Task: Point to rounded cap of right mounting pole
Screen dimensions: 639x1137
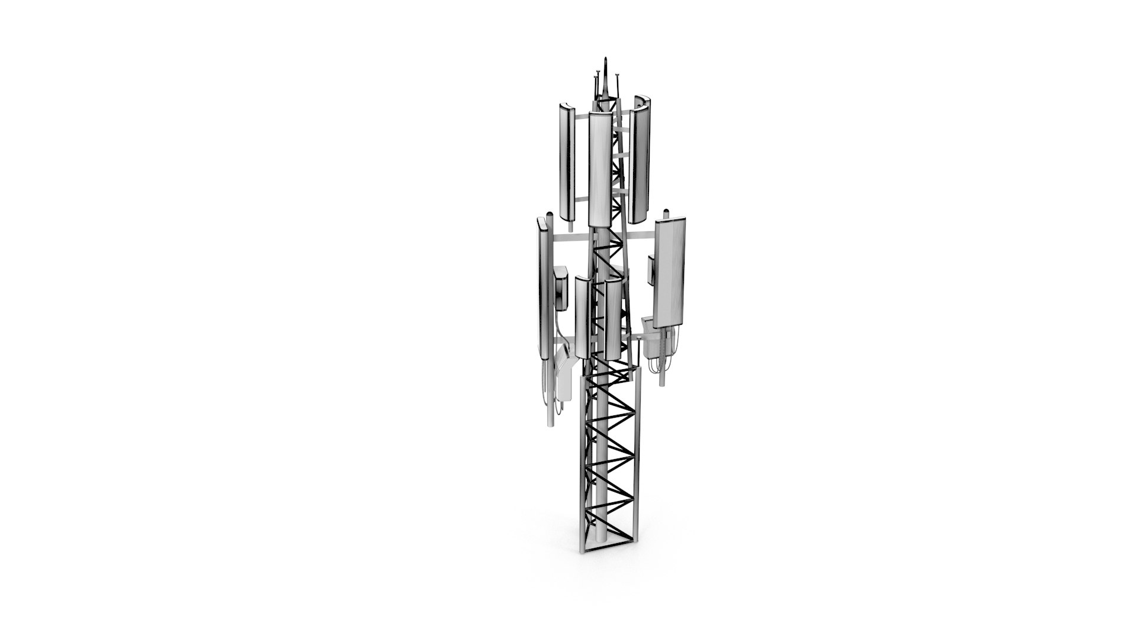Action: (x=666, y=212)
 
